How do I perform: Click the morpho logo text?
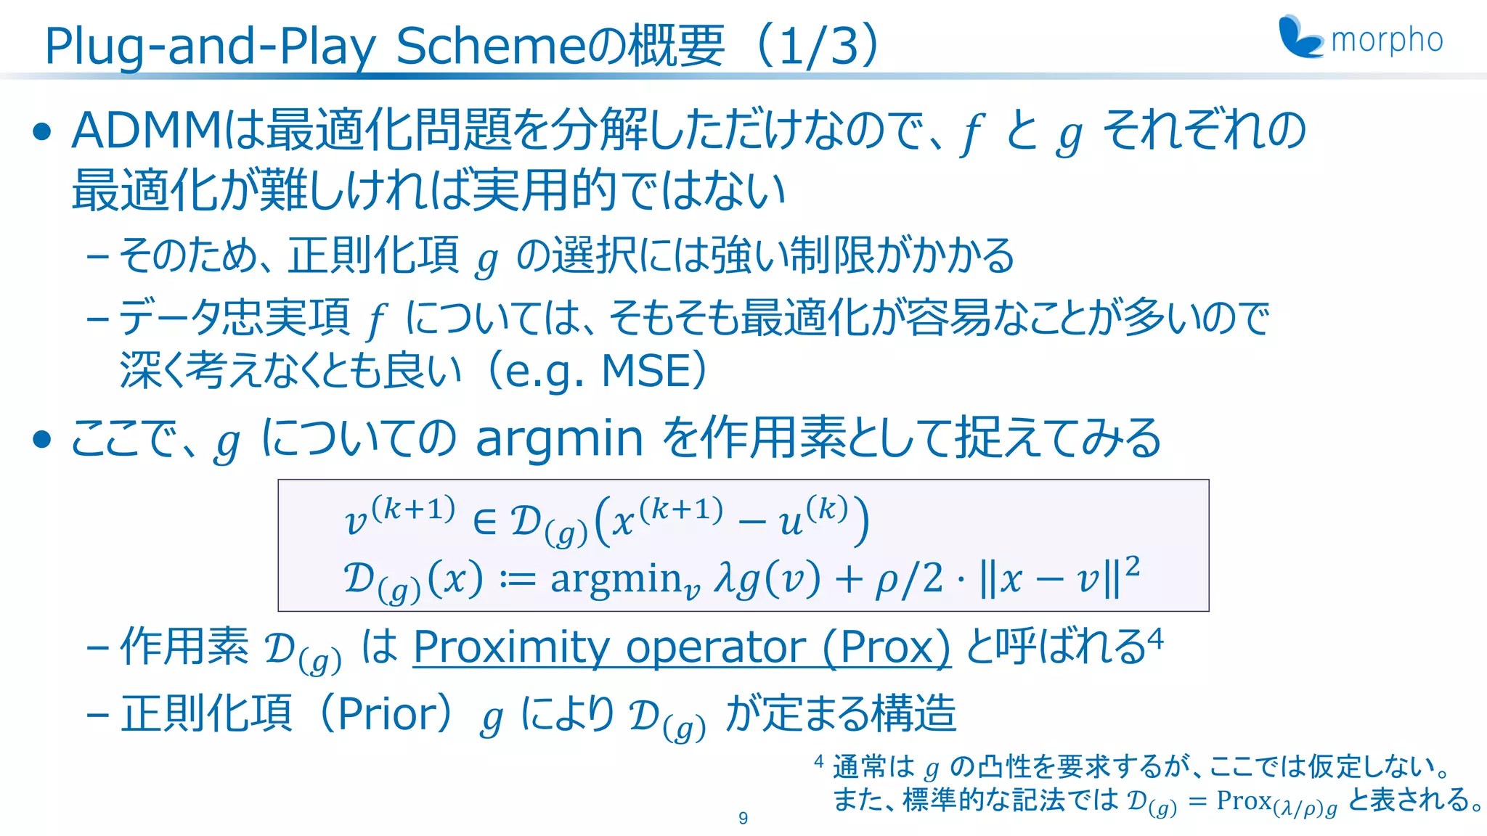click(1387, 41)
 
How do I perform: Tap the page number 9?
click(743, 818)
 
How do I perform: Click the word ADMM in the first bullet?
click(145, 131)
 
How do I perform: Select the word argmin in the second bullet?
click(559, 438)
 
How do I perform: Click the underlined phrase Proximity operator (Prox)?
click(681, 647)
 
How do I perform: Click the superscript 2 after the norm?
click(1132, 565)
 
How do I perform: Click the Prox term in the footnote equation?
click(1244, 800)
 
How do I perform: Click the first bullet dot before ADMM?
click(43, 131)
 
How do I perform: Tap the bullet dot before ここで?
click(43, 439)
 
